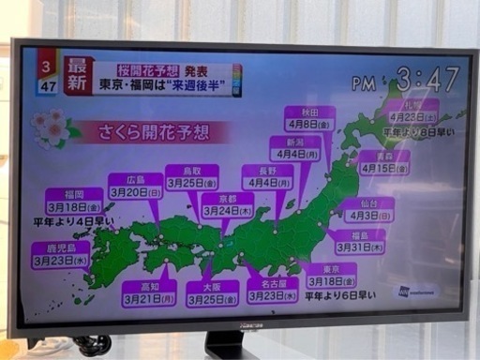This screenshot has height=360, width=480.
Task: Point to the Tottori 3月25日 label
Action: (191, 177)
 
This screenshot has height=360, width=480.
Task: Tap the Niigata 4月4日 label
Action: (294, 148)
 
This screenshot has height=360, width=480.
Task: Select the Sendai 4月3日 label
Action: (367, 210)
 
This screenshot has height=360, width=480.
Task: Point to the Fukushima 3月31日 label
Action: (357, 243)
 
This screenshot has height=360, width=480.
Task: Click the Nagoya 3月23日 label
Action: (273, 290)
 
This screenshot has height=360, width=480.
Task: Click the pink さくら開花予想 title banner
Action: (159, 133)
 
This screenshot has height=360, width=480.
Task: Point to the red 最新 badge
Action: (80, 73)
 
